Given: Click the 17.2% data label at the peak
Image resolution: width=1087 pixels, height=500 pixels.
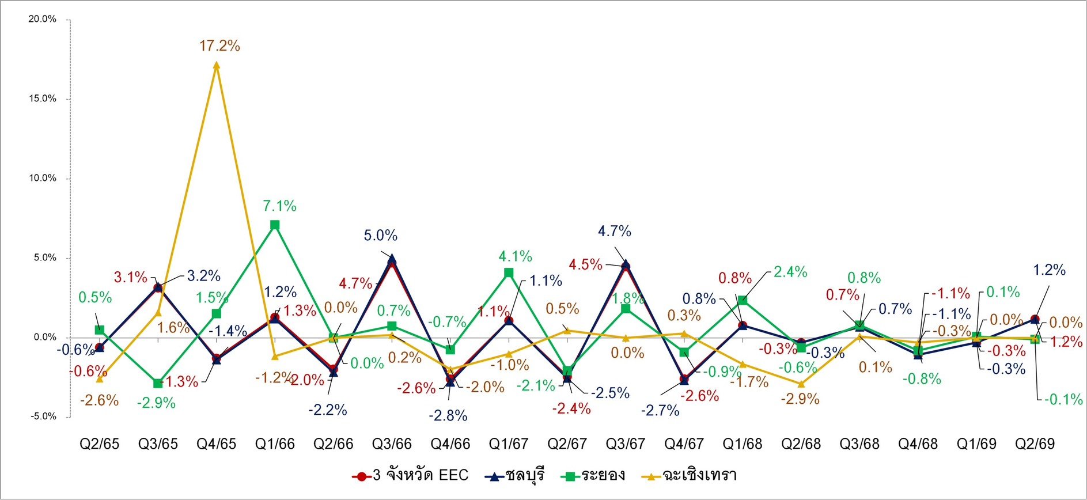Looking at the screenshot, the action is click(219, 46).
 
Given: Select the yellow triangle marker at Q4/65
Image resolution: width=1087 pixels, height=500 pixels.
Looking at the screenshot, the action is click(217, 65).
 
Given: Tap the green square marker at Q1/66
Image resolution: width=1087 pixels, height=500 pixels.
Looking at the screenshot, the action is click(275, 225).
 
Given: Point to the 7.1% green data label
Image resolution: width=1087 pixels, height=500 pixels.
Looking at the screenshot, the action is click(279, 206).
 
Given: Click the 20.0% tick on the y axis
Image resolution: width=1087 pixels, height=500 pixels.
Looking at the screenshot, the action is click(43, 20).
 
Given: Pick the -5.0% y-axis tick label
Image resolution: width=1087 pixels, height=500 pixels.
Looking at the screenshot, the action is click(43, 416).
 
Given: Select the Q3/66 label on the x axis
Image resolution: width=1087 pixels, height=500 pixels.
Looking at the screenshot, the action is click(392, 444).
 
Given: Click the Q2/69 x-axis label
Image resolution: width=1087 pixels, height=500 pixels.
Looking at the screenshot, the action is click(1035, 444).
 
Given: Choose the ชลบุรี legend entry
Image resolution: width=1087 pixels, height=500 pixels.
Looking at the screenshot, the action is click(514, 475).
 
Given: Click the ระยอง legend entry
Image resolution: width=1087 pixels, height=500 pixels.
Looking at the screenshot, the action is click(593, 475).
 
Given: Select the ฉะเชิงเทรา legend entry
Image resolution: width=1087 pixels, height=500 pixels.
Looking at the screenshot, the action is click(690, 475).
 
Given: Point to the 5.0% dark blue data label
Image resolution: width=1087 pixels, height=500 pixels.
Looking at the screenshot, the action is click(380, 236).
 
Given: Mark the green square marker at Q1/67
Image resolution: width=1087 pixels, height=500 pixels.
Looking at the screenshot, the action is click(509, 273).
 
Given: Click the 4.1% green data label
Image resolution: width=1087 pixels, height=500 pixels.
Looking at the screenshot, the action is click(515, 256).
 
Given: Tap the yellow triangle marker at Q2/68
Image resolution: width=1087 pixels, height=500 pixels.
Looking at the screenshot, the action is click(801, 384).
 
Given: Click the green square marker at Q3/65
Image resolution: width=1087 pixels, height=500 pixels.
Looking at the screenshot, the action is click(158, 383).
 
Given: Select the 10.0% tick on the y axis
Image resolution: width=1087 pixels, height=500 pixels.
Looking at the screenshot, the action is click(43, 179).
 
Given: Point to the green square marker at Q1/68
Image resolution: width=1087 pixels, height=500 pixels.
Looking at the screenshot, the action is click(743, 300).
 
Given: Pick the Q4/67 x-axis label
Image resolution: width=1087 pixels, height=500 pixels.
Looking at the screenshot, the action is click(684, 444).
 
